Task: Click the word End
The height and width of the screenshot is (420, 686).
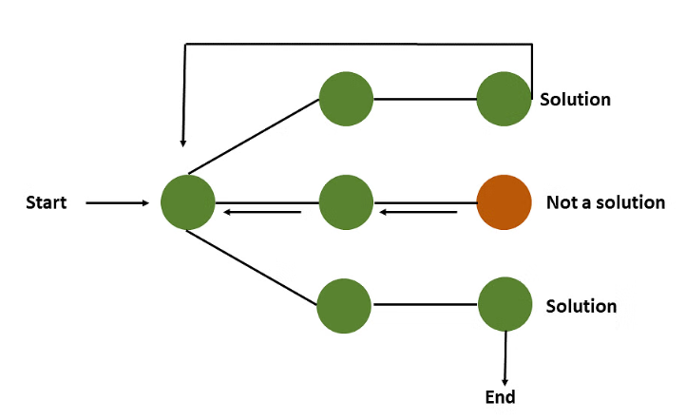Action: pos(500,396)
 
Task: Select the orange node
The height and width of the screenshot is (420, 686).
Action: pos(503,202)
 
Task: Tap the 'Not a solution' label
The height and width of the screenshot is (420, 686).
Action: pos(605,202)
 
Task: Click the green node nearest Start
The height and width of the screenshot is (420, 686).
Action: pos(187,202)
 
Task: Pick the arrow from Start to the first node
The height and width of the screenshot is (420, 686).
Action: pos(117,202)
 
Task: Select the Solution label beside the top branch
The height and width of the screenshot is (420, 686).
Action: pos(575,99)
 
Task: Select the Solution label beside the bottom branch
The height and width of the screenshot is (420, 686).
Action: pos(581,306)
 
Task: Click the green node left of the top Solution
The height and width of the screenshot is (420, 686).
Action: pos(504,98)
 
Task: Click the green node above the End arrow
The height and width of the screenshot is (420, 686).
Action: pos(505,305)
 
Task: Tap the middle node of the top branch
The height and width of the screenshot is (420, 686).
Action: pos(346,98)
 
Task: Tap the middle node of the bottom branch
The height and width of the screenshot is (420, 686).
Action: pos(344,305)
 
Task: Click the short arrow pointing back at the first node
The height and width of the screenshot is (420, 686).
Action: pos(261,212)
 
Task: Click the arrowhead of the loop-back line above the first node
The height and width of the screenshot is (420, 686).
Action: pos(184,141)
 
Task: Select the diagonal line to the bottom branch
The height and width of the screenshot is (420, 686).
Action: pos(253,268)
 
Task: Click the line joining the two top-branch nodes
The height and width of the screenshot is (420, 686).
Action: pos(425,98)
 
